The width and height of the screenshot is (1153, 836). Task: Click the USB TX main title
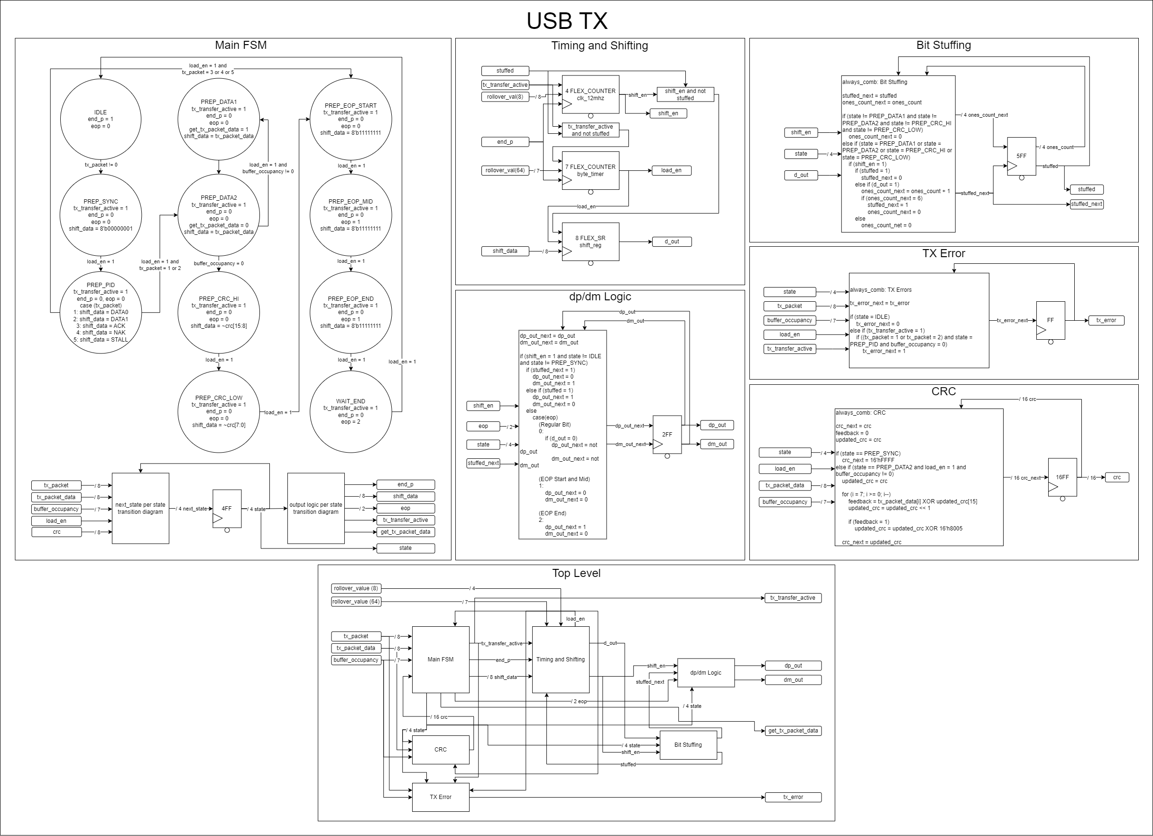pyautogui.click(x=567, y=21)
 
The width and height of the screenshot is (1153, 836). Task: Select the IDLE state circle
pyautogui.click(x=101, y=119)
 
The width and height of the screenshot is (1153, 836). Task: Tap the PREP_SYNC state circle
pyautogui.click(x=101, y=214)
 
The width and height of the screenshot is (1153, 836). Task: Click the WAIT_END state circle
pyautogui.click(x=351, y=411)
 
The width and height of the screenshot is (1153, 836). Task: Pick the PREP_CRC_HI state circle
pyautogui.click(x=219, y=312)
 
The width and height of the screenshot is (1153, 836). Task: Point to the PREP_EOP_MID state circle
pyautogui.click(x=351, y=214)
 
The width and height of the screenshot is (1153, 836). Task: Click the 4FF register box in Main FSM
pyautogui.click(x=227, y=509)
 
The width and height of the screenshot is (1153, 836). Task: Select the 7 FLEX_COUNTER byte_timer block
pyautogui.click(x=590, y=170)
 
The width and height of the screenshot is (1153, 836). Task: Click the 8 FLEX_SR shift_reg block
pyautogui.click(x=590, y=242)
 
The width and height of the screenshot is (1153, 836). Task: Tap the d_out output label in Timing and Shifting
pyautogui.click(x=672, y=242)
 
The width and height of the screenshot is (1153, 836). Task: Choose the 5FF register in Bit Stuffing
pyautogui.click(x=1021, y=156)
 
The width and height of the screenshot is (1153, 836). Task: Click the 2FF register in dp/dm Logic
pyautogui.click(x=666, y=434)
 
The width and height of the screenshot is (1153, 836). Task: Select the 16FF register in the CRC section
pyautogui.click(x=1062, y=477)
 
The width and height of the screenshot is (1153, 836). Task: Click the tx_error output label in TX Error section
pyautogui.click(x=1106, y=320)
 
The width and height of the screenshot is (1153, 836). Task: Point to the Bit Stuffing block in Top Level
pyautogui.click(x=688, y=744)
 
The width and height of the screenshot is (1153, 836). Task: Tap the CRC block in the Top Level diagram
pyautogui.click(x=440, y=749)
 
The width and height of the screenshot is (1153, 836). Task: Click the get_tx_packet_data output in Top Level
pyautogui.click(x=793, y=731)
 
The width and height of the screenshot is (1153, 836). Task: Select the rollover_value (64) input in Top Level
pyautogui.click(x=356, y=602)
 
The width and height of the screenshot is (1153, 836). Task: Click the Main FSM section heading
pyautogui.click(x=240, y=45)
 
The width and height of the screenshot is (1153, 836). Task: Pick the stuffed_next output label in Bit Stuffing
pyautogui.click(x=1086, y=204)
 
